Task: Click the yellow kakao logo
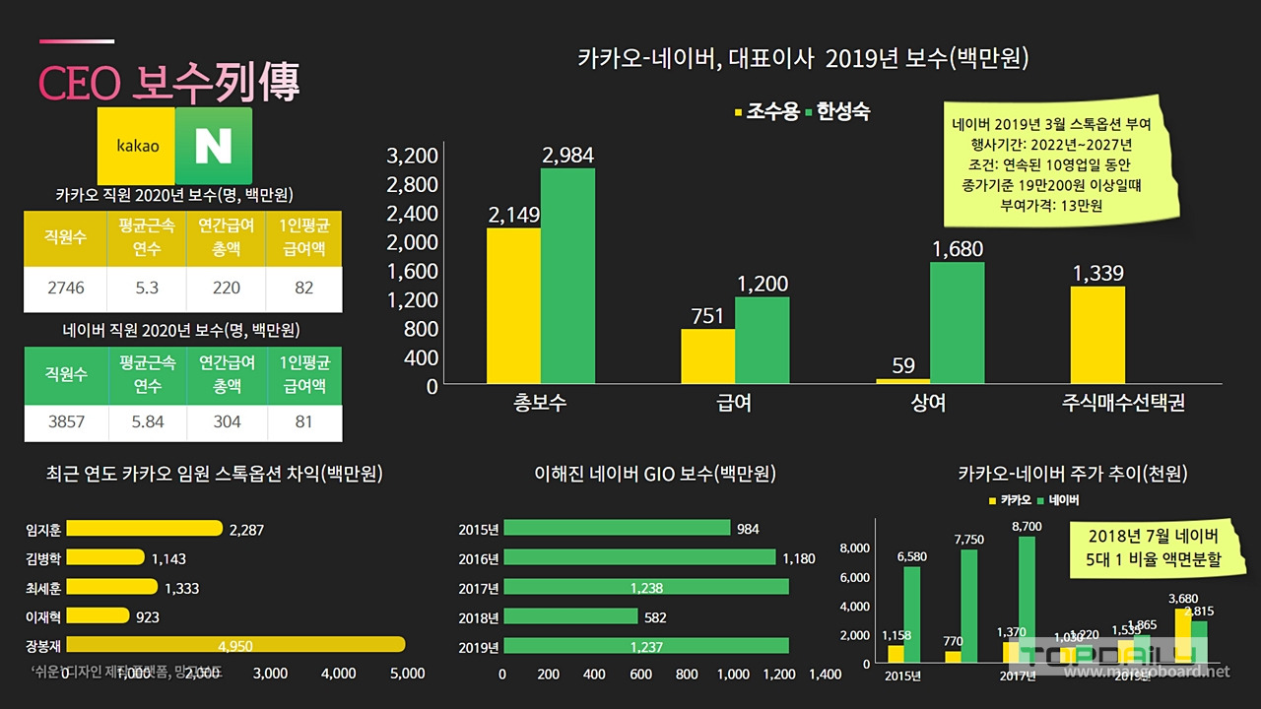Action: [137, 146]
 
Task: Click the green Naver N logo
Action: [213, 146]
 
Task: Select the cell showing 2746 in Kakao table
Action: [66, 289]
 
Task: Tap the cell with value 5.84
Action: [146, 420]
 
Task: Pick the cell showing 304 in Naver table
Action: [226, 420]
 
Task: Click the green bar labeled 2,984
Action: [567, 276]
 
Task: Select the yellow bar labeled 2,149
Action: [513, 305]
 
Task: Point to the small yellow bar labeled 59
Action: [903, 380]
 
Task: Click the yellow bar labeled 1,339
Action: [1097, 335]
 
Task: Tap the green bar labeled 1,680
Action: [957, 322]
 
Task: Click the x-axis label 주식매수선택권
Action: [1123, 404]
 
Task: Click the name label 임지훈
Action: [43, 529]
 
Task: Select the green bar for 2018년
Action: [570, 616]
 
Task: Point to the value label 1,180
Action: [799, 558]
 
